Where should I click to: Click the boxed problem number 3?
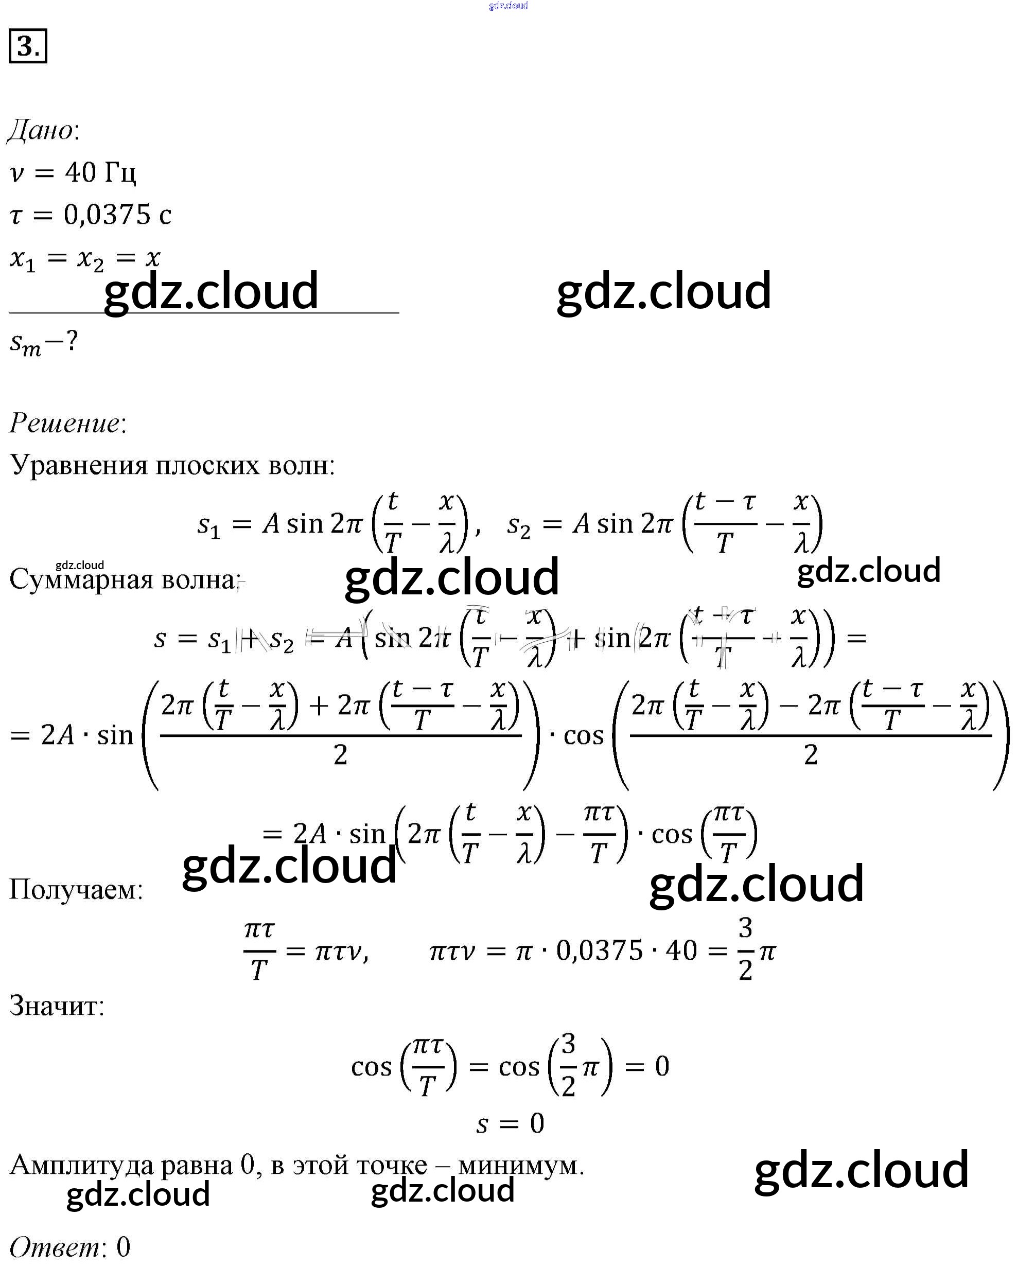click(28, 46)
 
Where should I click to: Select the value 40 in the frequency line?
click(80, 173)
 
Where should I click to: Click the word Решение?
click(65, 424)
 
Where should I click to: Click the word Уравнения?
click(79, 466)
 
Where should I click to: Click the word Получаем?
click(75, 890)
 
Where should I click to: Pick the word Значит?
click(56, 1006)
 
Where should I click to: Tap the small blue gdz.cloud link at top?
click(508, 6)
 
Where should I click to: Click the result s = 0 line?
click(510, 1124)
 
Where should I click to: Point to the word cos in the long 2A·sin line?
click(583, 736)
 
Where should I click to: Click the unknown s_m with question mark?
click(43, 342)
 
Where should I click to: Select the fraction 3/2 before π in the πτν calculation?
click(745, 950)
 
